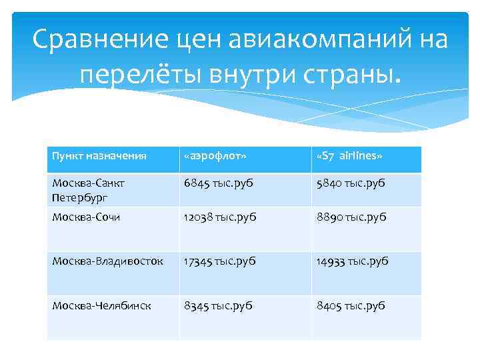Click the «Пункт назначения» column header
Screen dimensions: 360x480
click(99, 155)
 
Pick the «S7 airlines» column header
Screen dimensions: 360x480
click(350, 155)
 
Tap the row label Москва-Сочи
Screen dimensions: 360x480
click(86, 217)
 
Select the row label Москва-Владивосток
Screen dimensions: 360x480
click(107, 261)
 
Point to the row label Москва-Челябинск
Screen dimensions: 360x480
click(101, 306)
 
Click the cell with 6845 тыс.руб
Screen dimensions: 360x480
click(219, 183)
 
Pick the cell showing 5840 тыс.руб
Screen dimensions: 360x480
click(351, 183)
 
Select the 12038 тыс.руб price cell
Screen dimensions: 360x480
click(221, 217)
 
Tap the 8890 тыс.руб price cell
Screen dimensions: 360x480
click(351, 217)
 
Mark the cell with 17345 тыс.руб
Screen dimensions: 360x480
click(221, 261)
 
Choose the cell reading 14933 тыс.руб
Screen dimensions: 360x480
click(353, 261)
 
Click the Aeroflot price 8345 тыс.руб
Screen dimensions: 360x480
click(219, 306)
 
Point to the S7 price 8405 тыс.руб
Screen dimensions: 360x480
click(351, 306)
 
